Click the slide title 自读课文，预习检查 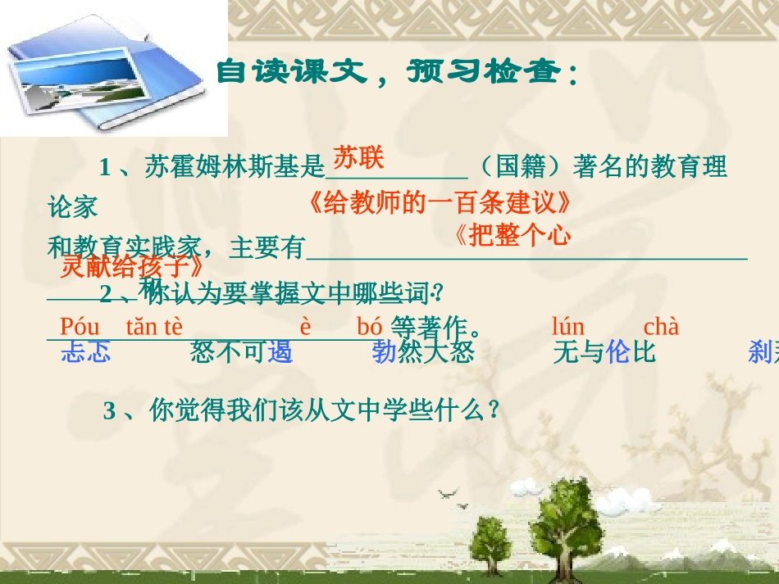click(397, 74)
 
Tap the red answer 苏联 click(358, 158)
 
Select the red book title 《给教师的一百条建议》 click(439, 202)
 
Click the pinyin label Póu click(80, 327)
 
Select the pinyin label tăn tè click(154, 327)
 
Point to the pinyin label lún click(568, 327)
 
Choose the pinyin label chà click(661, 327)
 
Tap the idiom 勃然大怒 click(423, 353)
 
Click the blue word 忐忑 click(86, 353)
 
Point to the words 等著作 click(435, 328)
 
